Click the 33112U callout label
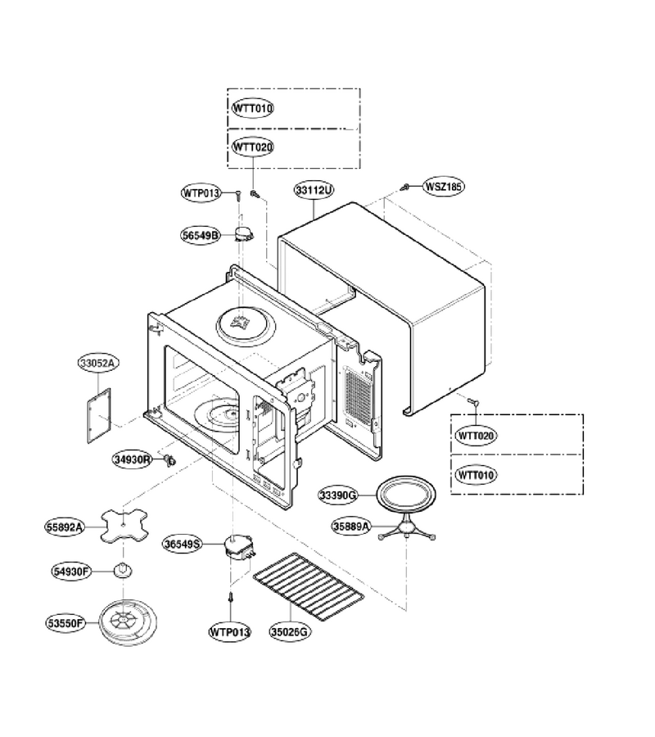314,190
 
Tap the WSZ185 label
444,186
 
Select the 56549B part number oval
201,235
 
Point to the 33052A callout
99,363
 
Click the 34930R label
133,459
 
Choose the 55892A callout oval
65,527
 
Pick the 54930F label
71,572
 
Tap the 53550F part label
65,623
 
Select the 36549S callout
183,545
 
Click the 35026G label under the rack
290,632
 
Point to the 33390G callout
339,495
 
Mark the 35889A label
351,527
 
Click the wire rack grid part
308,581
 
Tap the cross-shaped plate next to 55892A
124,526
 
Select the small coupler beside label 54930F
123,570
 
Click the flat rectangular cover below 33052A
99,415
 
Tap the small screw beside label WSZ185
404,187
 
